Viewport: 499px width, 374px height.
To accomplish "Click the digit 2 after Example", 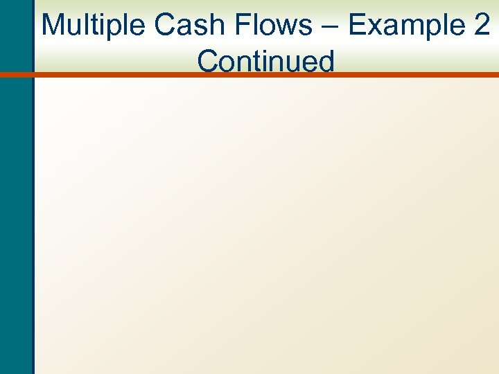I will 481,25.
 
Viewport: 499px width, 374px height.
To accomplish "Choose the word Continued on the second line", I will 265,61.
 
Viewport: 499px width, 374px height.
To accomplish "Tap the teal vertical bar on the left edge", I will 15,208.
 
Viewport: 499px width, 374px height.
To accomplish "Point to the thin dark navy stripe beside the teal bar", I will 33,208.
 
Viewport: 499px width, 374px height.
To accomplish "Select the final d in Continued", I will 325,61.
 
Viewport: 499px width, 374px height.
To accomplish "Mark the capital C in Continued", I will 209,61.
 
